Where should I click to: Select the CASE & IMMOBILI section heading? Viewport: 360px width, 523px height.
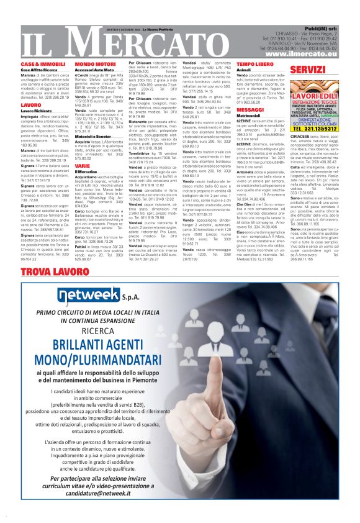[43, 64]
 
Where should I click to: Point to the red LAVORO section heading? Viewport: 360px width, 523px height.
[31, 106]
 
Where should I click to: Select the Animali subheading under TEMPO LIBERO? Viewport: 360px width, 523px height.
[243, 70]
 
